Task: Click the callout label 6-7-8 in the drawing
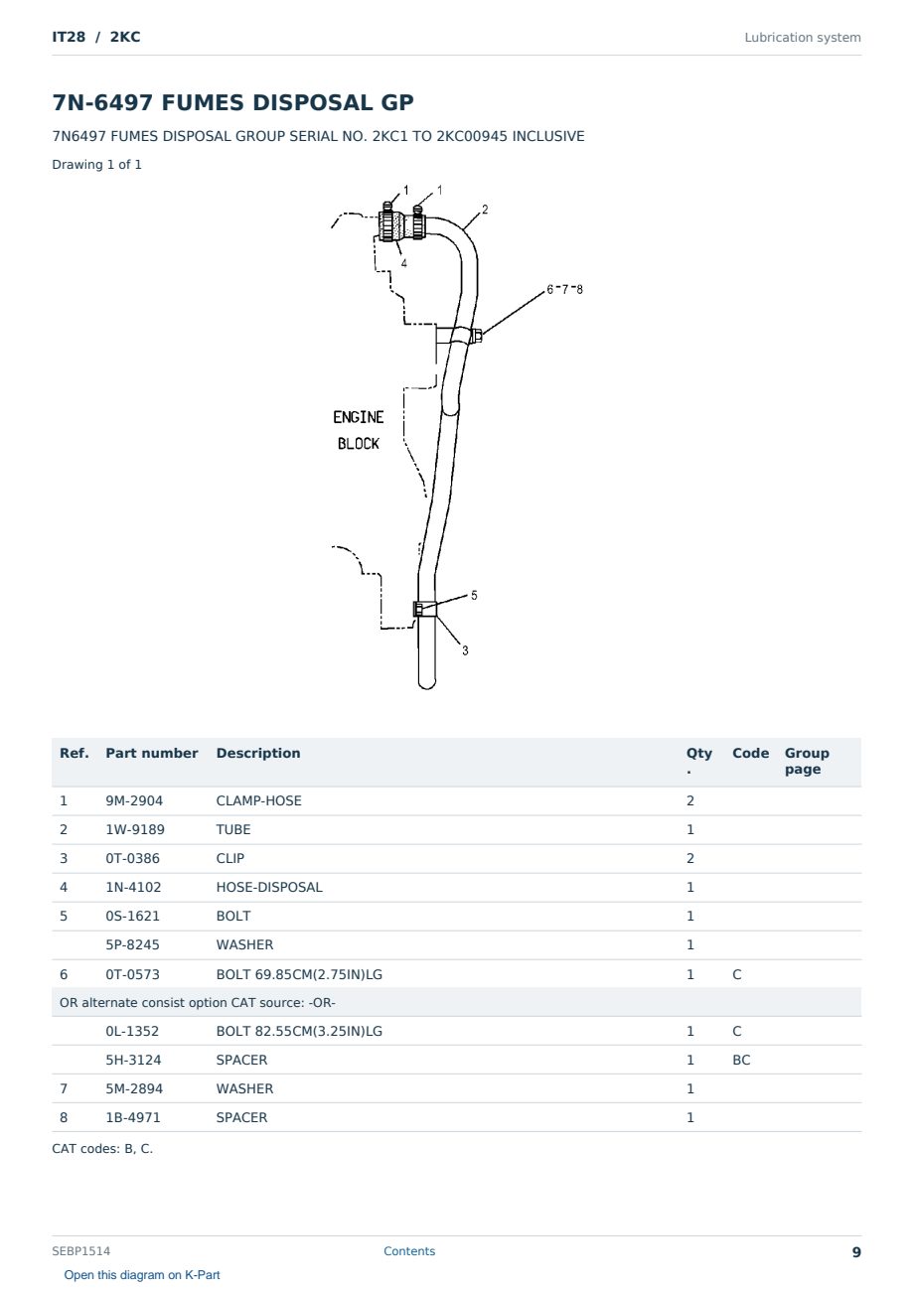pos(564,289)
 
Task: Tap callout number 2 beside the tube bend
pos(485,210)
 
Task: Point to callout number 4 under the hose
pos(403,263)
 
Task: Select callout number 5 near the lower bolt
pos(474,595)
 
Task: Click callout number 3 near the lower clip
pos(465,650)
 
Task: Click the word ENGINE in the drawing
pos(358,417)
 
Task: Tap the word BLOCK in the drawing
pos(358,443)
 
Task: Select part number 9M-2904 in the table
pos(134,800)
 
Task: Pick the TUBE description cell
pos(232,829)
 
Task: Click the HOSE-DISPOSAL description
pos(269,887)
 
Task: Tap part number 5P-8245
pos(132,944)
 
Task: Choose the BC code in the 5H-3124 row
pos(741,1060)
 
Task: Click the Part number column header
pos(152,753)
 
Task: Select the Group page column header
pos(807,761)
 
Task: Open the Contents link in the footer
pos(409,1250)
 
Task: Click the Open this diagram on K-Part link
pos(142,1274)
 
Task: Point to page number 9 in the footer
pos(856,1252)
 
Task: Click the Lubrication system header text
pos(803,38)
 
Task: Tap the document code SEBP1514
pos(81,1250)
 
